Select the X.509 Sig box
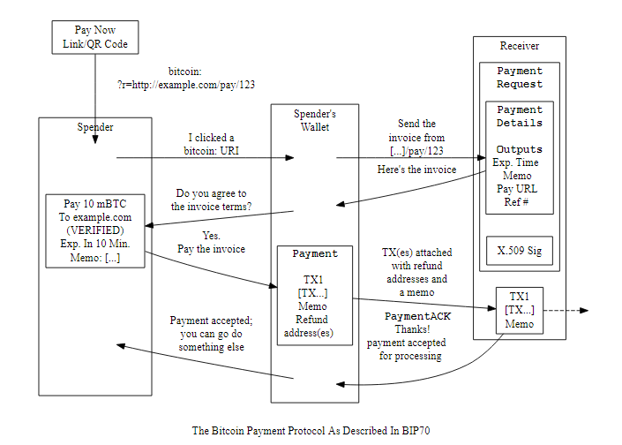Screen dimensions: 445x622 (520, 251)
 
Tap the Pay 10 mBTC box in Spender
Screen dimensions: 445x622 (95, 230)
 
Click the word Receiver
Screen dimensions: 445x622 (519, 46)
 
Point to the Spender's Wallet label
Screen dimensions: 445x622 (314, 121)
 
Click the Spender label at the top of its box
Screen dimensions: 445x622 (95, 127)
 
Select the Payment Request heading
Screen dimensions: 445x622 (520, 78)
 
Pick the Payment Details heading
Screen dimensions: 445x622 (520, 117)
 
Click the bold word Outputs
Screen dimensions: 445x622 (520, 149)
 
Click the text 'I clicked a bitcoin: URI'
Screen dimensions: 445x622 (212, 144)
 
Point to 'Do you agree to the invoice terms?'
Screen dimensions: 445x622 (212, 200)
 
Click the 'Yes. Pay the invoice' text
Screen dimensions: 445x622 (212, 243)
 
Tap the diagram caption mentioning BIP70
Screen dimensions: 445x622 (311, 431)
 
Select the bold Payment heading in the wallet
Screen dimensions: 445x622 (315, 254)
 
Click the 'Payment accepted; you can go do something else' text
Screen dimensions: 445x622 (212, 335)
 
